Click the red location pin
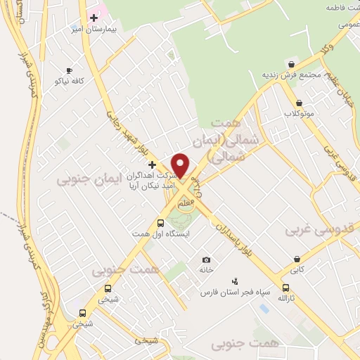tap(181, 165)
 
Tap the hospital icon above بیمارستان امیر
tap(94, 17)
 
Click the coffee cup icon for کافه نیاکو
tap(69, 70)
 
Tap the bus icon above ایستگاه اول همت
tap(160, 224)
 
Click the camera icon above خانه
tap(206, 260)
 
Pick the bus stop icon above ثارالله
tap(285, 288)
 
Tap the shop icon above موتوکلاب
tap(299, 103)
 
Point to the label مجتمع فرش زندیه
tap(291, 75)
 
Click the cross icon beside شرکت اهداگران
tap(152, 164)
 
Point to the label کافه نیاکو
tap(69, 82)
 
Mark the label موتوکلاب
tap(299, 113)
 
